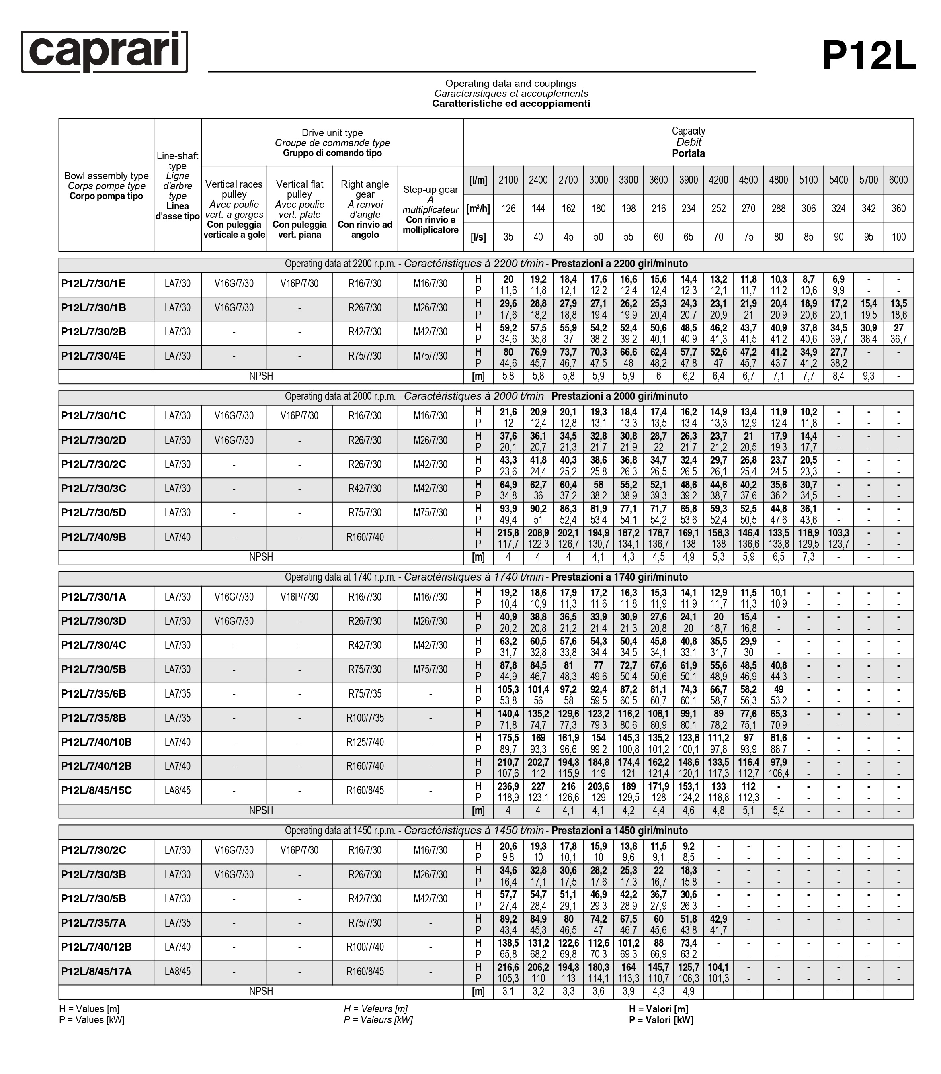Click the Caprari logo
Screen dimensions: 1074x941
(105, 51)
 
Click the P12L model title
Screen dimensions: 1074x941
(869, 56)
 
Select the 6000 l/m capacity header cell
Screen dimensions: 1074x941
(898, 180)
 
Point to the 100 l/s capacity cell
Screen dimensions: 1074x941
(898, 237)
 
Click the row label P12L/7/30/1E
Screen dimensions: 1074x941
(94, 284)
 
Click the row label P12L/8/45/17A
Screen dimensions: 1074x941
(96, 972)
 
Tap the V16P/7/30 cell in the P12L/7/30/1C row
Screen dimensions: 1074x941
(299, 416)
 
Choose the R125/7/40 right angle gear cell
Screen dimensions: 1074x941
(365, 742)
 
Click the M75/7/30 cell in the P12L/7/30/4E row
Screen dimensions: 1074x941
(430, 356)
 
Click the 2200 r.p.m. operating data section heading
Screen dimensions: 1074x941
(486, 264)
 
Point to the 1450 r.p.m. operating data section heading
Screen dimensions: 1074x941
(486, 831)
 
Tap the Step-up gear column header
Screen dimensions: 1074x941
(430, 209)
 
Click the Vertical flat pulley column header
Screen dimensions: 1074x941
(299, 209)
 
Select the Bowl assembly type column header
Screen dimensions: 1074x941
(106, 186)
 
